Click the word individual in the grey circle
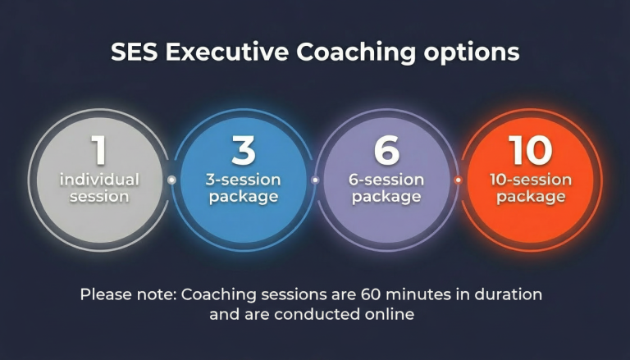tap(98, 180)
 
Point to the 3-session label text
tap(243, 180)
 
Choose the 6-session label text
tap(386, 180)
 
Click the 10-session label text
tap(531, 180)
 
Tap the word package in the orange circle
tap(531, 197)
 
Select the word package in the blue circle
tap(243, 197)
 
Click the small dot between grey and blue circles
tap(171, 180)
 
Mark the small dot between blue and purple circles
tap(315, 180)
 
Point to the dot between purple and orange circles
tap(458, 180)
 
